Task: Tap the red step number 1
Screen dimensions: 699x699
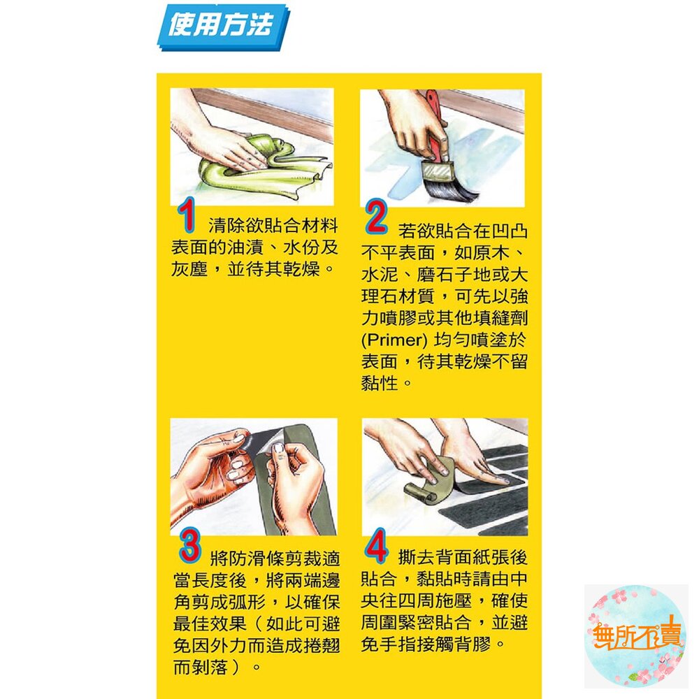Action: point(185,216)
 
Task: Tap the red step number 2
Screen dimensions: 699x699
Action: point(376,218)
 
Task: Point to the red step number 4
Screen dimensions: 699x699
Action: point(376,547)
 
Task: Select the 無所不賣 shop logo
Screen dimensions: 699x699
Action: point(635,636)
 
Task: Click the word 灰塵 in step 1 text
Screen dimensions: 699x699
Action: point(190,269)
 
